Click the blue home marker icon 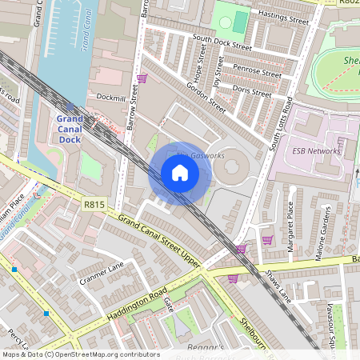coord(180,173)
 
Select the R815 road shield coord(94,205)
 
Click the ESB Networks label coord(316,150)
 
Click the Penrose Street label coord(257,72)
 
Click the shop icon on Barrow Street coord(142,78)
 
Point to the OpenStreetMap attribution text coord(80,354)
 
